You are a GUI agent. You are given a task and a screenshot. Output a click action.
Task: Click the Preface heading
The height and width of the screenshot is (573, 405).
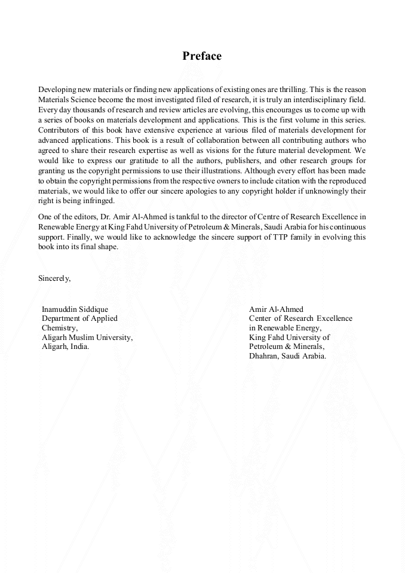tap(202, 56)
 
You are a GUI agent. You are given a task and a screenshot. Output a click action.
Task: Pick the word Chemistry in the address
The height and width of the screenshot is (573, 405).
tap(60, 328)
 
